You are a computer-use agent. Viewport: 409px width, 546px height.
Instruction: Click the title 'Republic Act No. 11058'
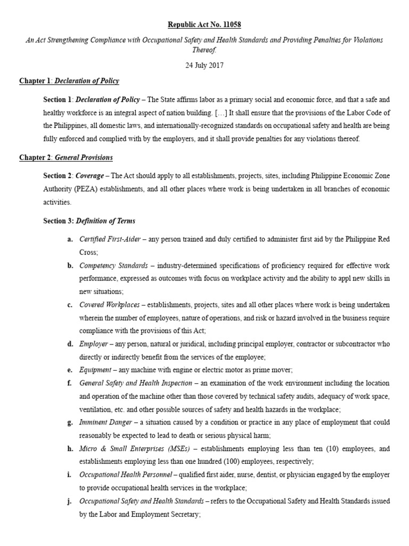204,25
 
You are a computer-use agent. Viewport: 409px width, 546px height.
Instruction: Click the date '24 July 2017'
204,66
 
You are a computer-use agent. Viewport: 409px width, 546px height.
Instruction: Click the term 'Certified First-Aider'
110,239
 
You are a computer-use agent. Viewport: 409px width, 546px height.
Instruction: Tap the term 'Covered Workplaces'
109,305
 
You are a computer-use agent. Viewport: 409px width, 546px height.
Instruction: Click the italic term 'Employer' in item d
92,344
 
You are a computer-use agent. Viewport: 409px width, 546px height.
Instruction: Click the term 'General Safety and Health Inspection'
136,383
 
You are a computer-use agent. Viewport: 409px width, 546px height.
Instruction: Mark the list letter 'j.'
70,501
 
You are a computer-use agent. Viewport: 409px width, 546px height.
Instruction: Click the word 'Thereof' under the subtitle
204,50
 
